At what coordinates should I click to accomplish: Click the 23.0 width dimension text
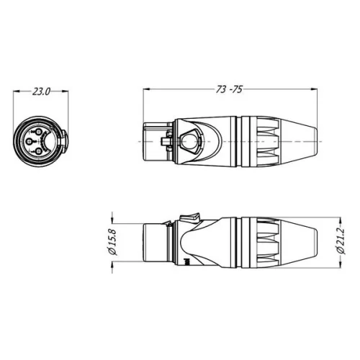(41, 91)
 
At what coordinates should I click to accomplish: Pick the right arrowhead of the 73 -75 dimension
(315, 89)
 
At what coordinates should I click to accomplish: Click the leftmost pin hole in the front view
(28, 141)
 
